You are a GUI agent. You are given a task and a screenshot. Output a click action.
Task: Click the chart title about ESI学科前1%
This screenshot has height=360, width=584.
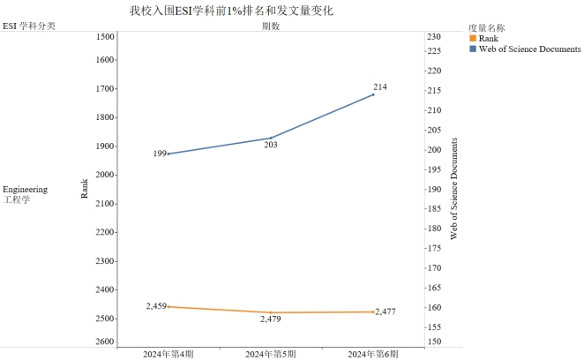tap(231, 10)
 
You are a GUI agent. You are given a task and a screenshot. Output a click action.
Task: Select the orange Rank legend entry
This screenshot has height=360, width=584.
tap(488, 39)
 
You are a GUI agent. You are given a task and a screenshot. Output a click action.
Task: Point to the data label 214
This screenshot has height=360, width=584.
tap(380, 86)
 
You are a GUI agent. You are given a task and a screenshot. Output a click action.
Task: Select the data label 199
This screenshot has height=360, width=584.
tap(160, 154)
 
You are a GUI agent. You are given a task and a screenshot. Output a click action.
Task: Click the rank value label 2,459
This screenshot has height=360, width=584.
tap(156, 306)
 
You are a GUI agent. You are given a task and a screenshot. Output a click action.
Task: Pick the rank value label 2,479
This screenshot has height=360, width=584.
tap(270, 319)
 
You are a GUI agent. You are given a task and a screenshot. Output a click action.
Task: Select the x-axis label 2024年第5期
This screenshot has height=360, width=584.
tap(270, 354)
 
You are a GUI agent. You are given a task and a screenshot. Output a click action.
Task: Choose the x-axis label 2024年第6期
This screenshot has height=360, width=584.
tap(373, 354)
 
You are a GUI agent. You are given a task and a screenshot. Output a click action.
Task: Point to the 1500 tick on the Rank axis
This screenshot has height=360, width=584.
tap(104, 37)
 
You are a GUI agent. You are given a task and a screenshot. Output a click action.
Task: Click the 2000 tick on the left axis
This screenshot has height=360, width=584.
tap(104, 175)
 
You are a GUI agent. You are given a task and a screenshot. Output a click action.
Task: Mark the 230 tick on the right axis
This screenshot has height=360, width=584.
tap(434, 37)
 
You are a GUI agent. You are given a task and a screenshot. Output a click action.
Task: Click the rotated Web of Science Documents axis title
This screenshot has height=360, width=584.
tap(453, 190)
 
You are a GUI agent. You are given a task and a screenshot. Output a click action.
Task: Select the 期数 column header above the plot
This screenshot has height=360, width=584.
tap(271, 26)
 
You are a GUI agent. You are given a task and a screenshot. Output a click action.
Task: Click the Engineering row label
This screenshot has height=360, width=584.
tap(26, 190)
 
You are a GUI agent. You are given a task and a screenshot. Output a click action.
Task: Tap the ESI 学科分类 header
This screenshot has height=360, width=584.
tap(29, 26)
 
